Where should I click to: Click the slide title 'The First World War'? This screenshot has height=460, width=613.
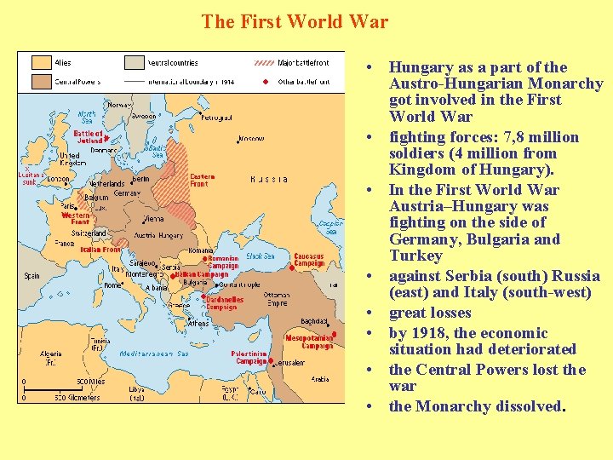[295, 21]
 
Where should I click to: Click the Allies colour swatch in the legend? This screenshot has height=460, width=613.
[41, 62]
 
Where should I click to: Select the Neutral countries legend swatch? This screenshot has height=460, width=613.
[134, 62]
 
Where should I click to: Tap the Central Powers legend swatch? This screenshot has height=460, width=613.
[41, 81]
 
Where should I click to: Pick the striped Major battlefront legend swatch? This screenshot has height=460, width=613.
[264, 62]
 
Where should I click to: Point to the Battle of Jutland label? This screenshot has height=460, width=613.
[88, 137]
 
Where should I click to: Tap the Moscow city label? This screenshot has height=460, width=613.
[251, 138]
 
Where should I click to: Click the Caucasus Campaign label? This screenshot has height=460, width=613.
[309, 260]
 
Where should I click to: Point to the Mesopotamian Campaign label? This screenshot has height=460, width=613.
[308, 342]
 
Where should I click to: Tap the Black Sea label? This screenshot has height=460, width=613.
[260, 256]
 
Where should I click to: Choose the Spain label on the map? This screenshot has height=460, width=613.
[32, 276]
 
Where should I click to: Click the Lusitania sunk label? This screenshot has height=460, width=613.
[31, 178]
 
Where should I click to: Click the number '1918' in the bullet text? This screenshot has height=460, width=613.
[435, 333]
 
